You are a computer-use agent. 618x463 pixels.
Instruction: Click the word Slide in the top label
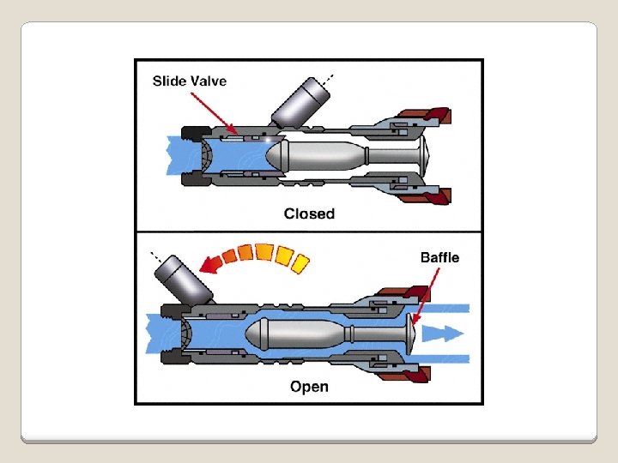click(170, 81)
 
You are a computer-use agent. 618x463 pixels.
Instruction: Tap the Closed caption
click(309, 213)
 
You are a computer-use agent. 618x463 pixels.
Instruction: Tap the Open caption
click(309, 387)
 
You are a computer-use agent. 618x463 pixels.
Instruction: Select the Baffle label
click(439, 257)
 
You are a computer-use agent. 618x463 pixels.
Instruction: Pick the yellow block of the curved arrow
click(300, 261)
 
